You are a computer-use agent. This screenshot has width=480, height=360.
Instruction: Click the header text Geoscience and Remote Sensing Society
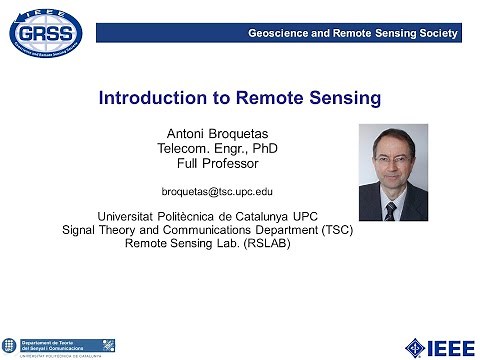(x=352, y=34)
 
